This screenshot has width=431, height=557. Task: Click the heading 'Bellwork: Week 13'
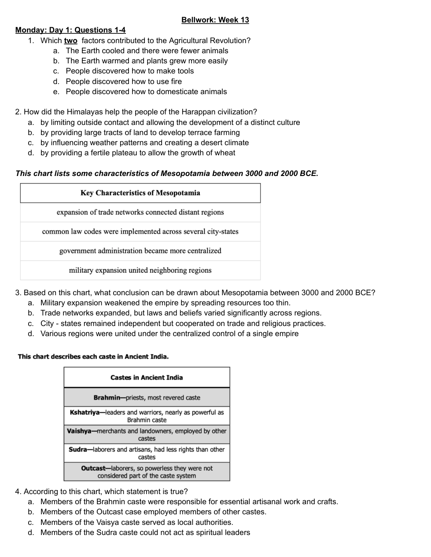click(215, 20)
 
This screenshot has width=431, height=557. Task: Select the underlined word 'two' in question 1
click(70, 40)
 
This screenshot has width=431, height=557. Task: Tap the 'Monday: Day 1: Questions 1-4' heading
click(70, 30)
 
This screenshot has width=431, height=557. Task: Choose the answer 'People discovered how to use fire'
click(124, 81)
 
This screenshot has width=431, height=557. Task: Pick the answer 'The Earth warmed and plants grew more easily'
click(147, 61)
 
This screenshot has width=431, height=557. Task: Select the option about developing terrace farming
click(140, 132)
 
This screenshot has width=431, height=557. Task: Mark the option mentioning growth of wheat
click(138, 153)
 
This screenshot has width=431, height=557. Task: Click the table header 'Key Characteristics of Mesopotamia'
click(140, 193)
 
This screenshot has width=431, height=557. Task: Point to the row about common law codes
click(140, 231)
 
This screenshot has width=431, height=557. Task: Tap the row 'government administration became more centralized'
click(140, 251)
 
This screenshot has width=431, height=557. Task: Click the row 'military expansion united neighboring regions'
click(140, 270)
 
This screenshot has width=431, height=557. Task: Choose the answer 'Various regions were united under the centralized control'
click(169, 333)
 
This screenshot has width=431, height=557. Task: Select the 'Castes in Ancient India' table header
click(147, 377)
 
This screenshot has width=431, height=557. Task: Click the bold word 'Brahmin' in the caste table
click(107, 398)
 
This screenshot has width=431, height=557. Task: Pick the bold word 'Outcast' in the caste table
click(93, 468)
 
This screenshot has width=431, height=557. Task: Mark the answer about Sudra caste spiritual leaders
click(145, 532)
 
